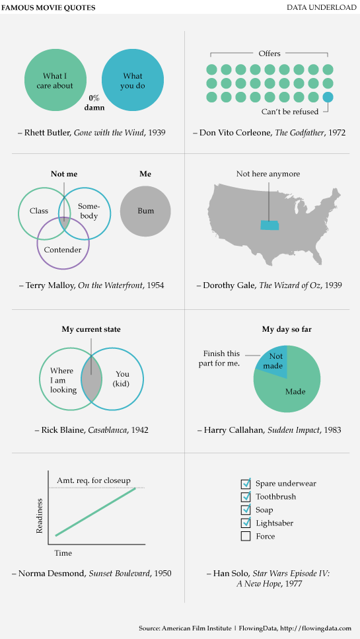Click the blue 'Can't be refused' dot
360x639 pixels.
click(328, 97)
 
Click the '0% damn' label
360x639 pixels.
click(94, 101)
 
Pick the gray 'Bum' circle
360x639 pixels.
click(145, 211)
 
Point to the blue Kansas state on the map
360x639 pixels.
click(270, 225)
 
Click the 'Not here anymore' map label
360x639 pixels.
click(268, 174)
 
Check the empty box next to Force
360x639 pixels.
click(246, 536)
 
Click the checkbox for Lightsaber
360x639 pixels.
click(246, 523)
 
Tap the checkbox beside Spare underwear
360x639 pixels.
click(246, 483)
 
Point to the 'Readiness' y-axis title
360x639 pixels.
click(40, 516)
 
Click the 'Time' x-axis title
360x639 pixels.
click(63, 552)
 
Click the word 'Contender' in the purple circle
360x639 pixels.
click(63, 250)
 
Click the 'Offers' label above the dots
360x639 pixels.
click(270, 54)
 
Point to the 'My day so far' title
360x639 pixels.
click(286, 329)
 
